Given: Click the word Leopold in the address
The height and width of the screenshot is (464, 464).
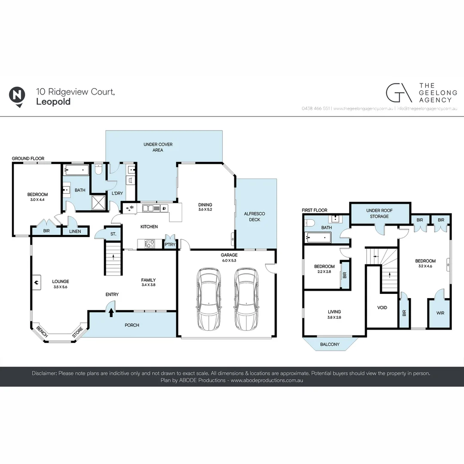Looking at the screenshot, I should click(x=53, y=102).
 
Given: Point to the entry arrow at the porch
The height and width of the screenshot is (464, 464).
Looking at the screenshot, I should click(x=111, y=312).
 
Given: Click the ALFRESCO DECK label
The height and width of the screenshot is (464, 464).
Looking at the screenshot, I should click(x=255, y=217).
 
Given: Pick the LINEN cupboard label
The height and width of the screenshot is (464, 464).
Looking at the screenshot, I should click(x=75, y=232).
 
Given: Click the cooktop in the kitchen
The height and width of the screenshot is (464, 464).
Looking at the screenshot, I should click(x=150, y=244).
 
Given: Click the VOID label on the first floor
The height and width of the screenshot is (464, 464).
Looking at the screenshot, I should click(x=382, y=308).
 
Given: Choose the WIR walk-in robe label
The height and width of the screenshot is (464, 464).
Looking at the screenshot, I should click(x=440, y=313).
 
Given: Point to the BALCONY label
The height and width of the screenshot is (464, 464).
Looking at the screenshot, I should click(x=330, y=344).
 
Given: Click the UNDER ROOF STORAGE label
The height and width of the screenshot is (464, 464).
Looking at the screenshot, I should click(x=379, y=213).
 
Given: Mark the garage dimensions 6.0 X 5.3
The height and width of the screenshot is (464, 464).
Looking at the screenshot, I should click(x=229, y=260).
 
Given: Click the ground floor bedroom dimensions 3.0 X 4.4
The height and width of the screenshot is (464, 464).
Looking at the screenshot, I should click(x=37, y=200).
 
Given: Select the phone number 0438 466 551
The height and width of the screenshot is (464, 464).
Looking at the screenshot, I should click(x=315, y=109).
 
